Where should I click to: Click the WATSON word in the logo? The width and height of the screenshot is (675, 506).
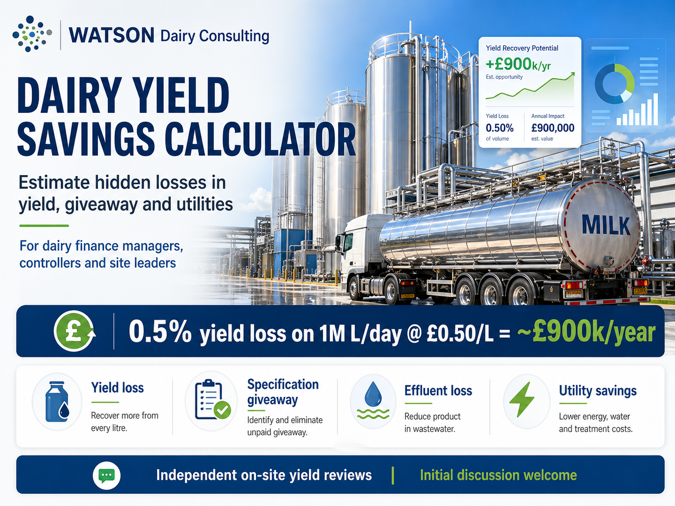111,35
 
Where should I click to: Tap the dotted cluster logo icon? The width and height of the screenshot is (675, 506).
32,34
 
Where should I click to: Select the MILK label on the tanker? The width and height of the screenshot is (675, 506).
606,226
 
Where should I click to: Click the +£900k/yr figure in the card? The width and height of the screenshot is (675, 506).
518,64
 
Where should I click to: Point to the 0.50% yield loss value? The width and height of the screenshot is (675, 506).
499,128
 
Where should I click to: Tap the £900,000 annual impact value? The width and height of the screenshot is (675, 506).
552,128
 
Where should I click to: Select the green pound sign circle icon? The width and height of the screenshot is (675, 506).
74,331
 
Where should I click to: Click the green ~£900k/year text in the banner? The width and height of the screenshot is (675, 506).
586,332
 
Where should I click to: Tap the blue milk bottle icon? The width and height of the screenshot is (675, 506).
57,402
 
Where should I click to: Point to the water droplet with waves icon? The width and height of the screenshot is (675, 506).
373,401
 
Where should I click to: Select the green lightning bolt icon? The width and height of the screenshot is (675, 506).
522,400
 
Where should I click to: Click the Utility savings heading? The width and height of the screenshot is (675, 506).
598,390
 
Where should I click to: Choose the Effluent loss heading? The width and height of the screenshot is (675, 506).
438,390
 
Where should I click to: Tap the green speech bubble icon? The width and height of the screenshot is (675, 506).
107,475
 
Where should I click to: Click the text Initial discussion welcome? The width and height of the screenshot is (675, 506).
498,475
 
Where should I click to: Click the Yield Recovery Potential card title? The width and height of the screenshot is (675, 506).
522,48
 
